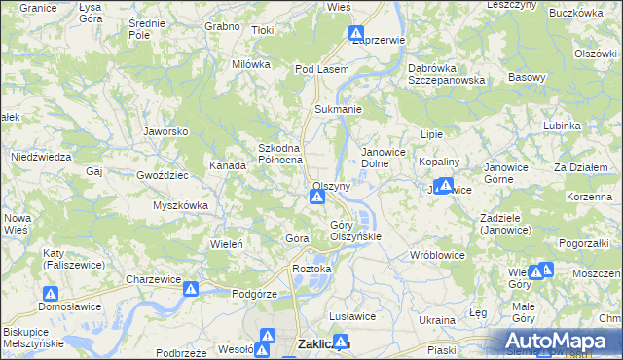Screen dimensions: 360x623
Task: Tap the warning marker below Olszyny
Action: [317, 198]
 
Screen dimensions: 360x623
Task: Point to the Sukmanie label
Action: [337, 110]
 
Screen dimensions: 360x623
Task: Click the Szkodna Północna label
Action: [280, 154]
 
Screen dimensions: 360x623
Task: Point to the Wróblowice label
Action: [437, 255]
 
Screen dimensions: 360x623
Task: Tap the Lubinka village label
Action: [562, 126]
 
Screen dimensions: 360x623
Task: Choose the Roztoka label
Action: [312, 269]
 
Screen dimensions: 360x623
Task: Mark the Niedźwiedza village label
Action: [41, 157]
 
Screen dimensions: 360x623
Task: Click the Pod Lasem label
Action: [321, 70]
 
